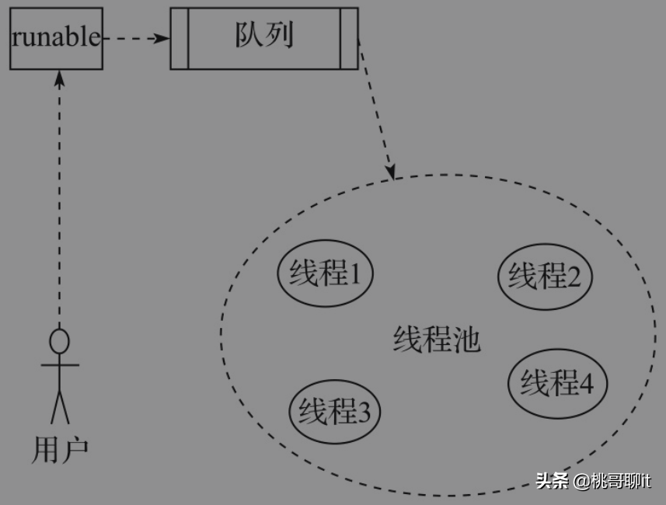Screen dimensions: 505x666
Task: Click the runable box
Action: pyautogui.click(x=56, y=38)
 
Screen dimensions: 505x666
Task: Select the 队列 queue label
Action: pyautogui.click(x=264, y=37)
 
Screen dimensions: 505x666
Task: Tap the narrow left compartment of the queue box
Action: pyautogui.click(x=180, y=38)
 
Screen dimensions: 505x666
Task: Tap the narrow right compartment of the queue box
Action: pyautogui.click(x=349, y=38)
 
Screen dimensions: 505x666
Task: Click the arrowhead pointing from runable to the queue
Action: pyautogui.click(x=162, y=38)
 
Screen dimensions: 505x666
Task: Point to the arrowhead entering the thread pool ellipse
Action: pyautogui.click(x=391, y=171)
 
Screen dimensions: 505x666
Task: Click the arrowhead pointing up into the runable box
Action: pyautogui.click(x=59, y=77)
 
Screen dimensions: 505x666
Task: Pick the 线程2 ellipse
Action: pyautogui.click(x=545, y=276)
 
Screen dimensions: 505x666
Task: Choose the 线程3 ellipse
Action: pyautogui.click(x=335, y=412)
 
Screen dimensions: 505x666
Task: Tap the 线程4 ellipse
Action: pyautogui.click(x=556, y=383)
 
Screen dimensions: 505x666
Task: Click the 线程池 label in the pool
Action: pyautogui.click(x=437, y=340)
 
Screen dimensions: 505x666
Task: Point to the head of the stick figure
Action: pyautogui.click(x=59, y=340)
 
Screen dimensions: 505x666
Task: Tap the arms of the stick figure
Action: pyautogui.click(x=59, y=364)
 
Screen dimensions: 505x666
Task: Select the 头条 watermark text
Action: pyautogui.click(x=553, y=481)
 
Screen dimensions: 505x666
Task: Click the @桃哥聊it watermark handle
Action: pyautogui.click(x=613, y=481)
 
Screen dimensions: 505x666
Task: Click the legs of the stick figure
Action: pyautogui.click(x=59, y=406)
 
